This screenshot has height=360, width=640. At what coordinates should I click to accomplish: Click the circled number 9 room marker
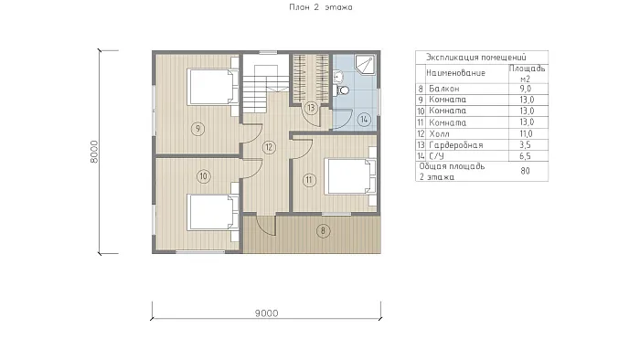click(x=198, y=129)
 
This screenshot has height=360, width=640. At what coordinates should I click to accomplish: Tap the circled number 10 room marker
click(x=204, y=176)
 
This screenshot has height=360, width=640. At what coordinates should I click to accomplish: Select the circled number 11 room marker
click(x=309, y=180)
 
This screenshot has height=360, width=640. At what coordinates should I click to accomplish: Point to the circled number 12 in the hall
click(x=269, y=147)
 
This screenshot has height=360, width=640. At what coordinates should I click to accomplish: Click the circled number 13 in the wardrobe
click(x=311, y=108)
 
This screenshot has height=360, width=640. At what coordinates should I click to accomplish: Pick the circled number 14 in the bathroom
click(x=364, y=120)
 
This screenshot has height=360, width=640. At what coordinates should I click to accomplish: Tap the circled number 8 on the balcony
click(x=323, y=231)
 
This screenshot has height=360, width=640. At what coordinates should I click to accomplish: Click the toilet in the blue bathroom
click(x=342, y=90)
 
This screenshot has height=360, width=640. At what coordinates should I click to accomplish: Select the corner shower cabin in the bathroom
click(x=365, y=65)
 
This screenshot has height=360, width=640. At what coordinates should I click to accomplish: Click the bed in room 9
click(x=213, y=87)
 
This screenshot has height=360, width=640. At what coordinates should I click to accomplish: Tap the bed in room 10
click(x=213, y=212)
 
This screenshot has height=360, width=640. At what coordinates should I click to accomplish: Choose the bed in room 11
click(x=350, y=176)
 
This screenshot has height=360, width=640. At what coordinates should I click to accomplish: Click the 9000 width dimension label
click(x=267, y=313)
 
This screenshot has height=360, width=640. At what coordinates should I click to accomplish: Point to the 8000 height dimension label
click(x=94, y=152)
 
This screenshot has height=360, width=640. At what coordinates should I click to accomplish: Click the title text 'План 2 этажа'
click(x=321, y=7)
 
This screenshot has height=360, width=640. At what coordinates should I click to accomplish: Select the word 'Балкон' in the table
click(x=444, y=89)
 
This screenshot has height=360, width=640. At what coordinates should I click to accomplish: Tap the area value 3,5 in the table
click(x=526, y=144)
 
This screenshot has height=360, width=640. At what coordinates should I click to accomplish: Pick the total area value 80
click(x=526, y=171)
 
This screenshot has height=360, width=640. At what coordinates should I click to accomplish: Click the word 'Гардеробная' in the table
click(x=456, y=145)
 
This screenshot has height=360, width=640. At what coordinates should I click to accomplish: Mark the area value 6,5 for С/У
click(x=526, y=156)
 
